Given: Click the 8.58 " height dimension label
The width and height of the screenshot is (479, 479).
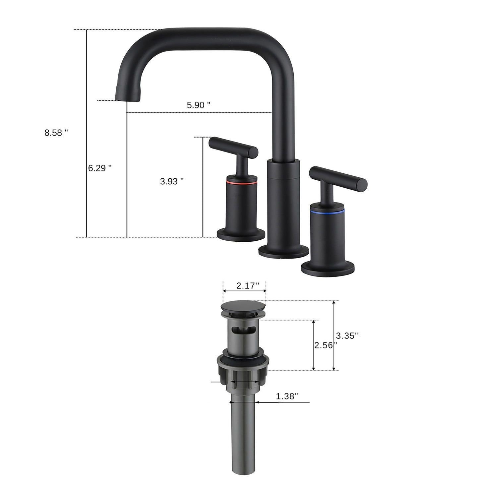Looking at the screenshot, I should tap(56, 133).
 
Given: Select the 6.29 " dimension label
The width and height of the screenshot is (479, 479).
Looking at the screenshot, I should tap(100, 168).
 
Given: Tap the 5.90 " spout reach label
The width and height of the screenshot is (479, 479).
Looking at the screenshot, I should tap(199, 105).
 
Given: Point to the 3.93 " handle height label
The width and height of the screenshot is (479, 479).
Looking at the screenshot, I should tap(172, 181).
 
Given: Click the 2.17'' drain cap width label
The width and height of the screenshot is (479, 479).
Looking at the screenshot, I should tap(245, 286).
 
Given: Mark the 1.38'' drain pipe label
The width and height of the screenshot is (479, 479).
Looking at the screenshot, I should tap(287, 396).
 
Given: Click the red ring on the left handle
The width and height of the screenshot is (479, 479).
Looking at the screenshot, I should tap(241, 183).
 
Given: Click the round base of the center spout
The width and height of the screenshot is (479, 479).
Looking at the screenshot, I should tap(283, 251).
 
